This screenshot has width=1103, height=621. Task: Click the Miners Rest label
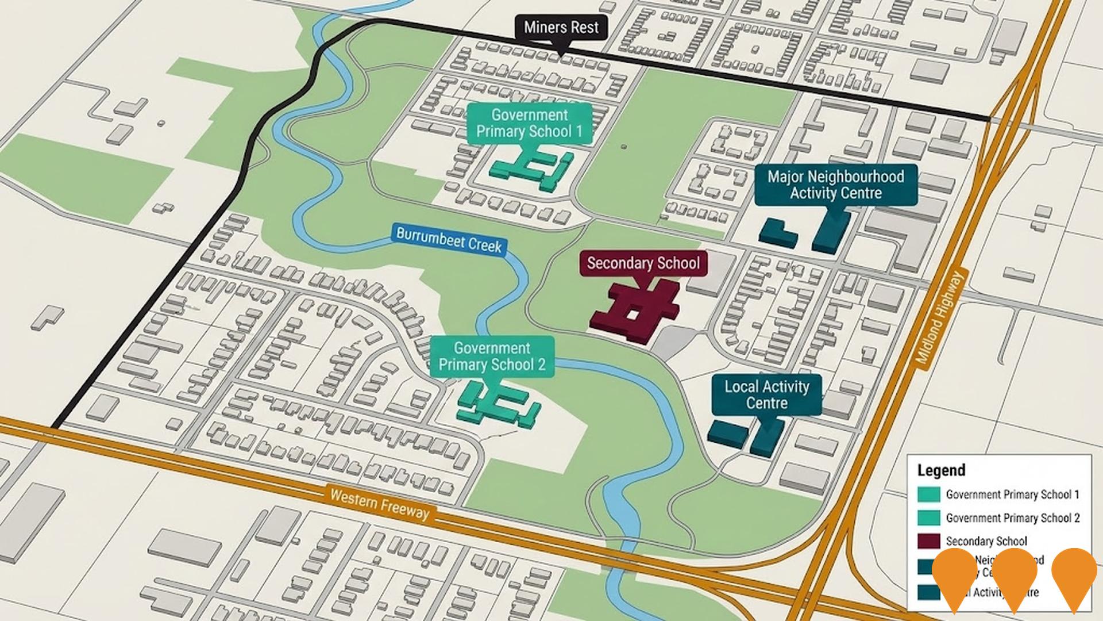point(561,28)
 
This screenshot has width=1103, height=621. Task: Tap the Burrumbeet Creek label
point(449,240)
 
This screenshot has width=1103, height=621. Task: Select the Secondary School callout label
point(643,263)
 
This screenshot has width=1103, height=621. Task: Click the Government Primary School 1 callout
point(529,123)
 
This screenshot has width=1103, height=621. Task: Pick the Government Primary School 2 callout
point(492,356)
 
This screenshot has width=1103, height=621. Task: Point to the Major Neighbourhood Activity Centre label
point(835,185)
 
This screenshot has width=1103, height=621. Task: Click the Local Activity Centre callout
point(766,394)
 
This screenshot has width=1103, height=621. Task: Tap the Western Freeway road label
point(379,503)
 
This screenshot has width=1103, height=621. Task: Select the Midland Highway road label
point(938,318)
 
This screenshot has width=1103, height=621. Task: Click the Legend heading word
point(941,470)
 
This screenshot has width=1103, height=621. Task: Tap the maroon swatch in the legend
point(928,541)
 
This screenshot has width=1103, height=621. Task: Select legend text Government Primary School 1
point(1012,494)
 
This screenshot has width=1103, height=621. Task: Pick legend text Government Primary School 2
point(1012,518)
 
